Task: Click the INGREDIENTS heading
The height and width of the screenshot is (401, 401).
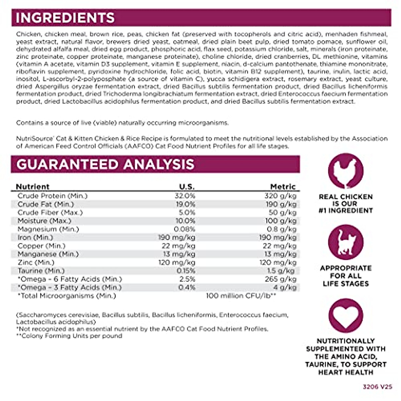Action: [x=65, y=18]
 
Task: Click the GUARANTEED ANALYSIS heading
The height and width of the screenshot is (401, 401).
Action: [x=105, y=164]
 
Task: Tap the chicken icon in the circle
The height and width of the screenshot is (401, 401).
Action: [x=346, y=171]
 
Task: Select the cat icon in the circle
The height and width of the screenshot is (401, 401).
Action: [x=346, y=242]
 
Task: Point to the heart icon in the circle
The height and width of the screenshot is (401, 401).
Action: [x=346, y=315]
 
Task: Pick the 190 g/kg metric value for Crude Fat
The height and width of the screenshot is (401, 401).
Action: [x=281, y=204]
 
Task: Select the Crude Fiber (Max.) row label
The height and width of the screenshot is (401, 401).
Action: [x=50, y=213]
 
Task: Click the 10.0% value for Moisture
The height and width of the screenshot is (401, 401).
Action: [x=185, y=221]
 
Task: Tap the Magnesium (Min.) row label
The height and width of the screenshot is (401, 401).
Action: [x=48, y=229]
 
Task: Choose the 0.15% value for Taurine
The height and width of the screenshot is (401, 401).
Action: [x=186, y=271]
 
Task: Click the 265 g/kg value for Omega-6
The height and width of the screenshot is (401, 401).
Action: [x=281, y=279]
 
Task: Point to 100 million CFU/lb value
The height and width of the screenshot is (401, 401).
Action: [x=241, y=296]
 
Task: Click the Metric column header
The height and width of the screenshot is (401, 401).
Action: [x=283, y=186]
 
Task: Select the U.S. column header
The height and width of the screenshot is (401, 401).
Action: [x=187, y=186]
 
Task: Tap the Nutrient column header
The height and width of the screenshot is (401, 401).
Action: [x=33, y=186]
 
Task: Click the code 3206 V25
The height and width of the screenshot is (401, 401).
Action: [x=377, y=387]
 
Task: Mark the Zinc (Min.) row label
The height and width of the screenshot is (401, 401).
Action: [x=36, y=262]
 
